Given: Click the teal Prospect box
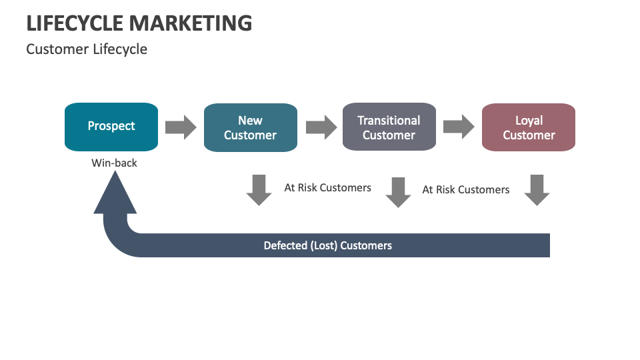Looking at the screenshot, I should (111, 127).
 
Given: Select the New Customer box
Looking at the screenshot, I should (250, 127).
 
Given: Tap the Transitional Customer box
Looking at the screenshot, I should (389, 127).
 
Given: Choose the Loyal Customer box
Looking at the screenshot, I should (528, 127).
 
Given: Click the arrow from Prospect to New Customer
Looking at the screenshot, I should (181, 127).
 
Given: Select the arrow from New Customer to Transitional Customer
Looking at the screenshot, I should (321, 127).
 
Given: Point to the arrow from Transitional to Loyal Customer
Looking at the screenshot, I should (459, 127).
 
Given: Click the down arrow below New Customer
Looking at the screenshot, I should (259, 190).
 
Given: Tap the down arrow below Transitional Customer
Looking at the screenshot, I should (398, 192).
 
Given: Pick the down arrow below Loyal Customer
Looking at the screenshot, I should (537, 190).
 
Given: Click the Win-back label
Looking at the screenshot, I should (114, 162).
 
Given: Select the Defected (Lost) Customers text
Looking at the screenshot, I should (327, 245).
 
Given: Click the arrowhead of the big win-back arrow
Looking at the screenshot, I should (115, 195).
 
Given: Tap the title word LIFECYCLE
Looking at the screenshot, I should (75, 23).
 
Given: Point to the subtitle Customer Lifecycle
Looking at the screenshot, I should (87, 49).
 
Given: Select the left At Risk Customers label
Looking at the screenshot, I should (327, 188).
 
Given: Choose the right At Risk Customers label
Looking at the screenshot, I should (465, 190).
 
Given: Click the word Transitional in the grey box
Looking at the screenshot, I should (389, 121).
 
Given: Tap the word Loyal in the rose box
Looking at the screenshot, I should (529, 121).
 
